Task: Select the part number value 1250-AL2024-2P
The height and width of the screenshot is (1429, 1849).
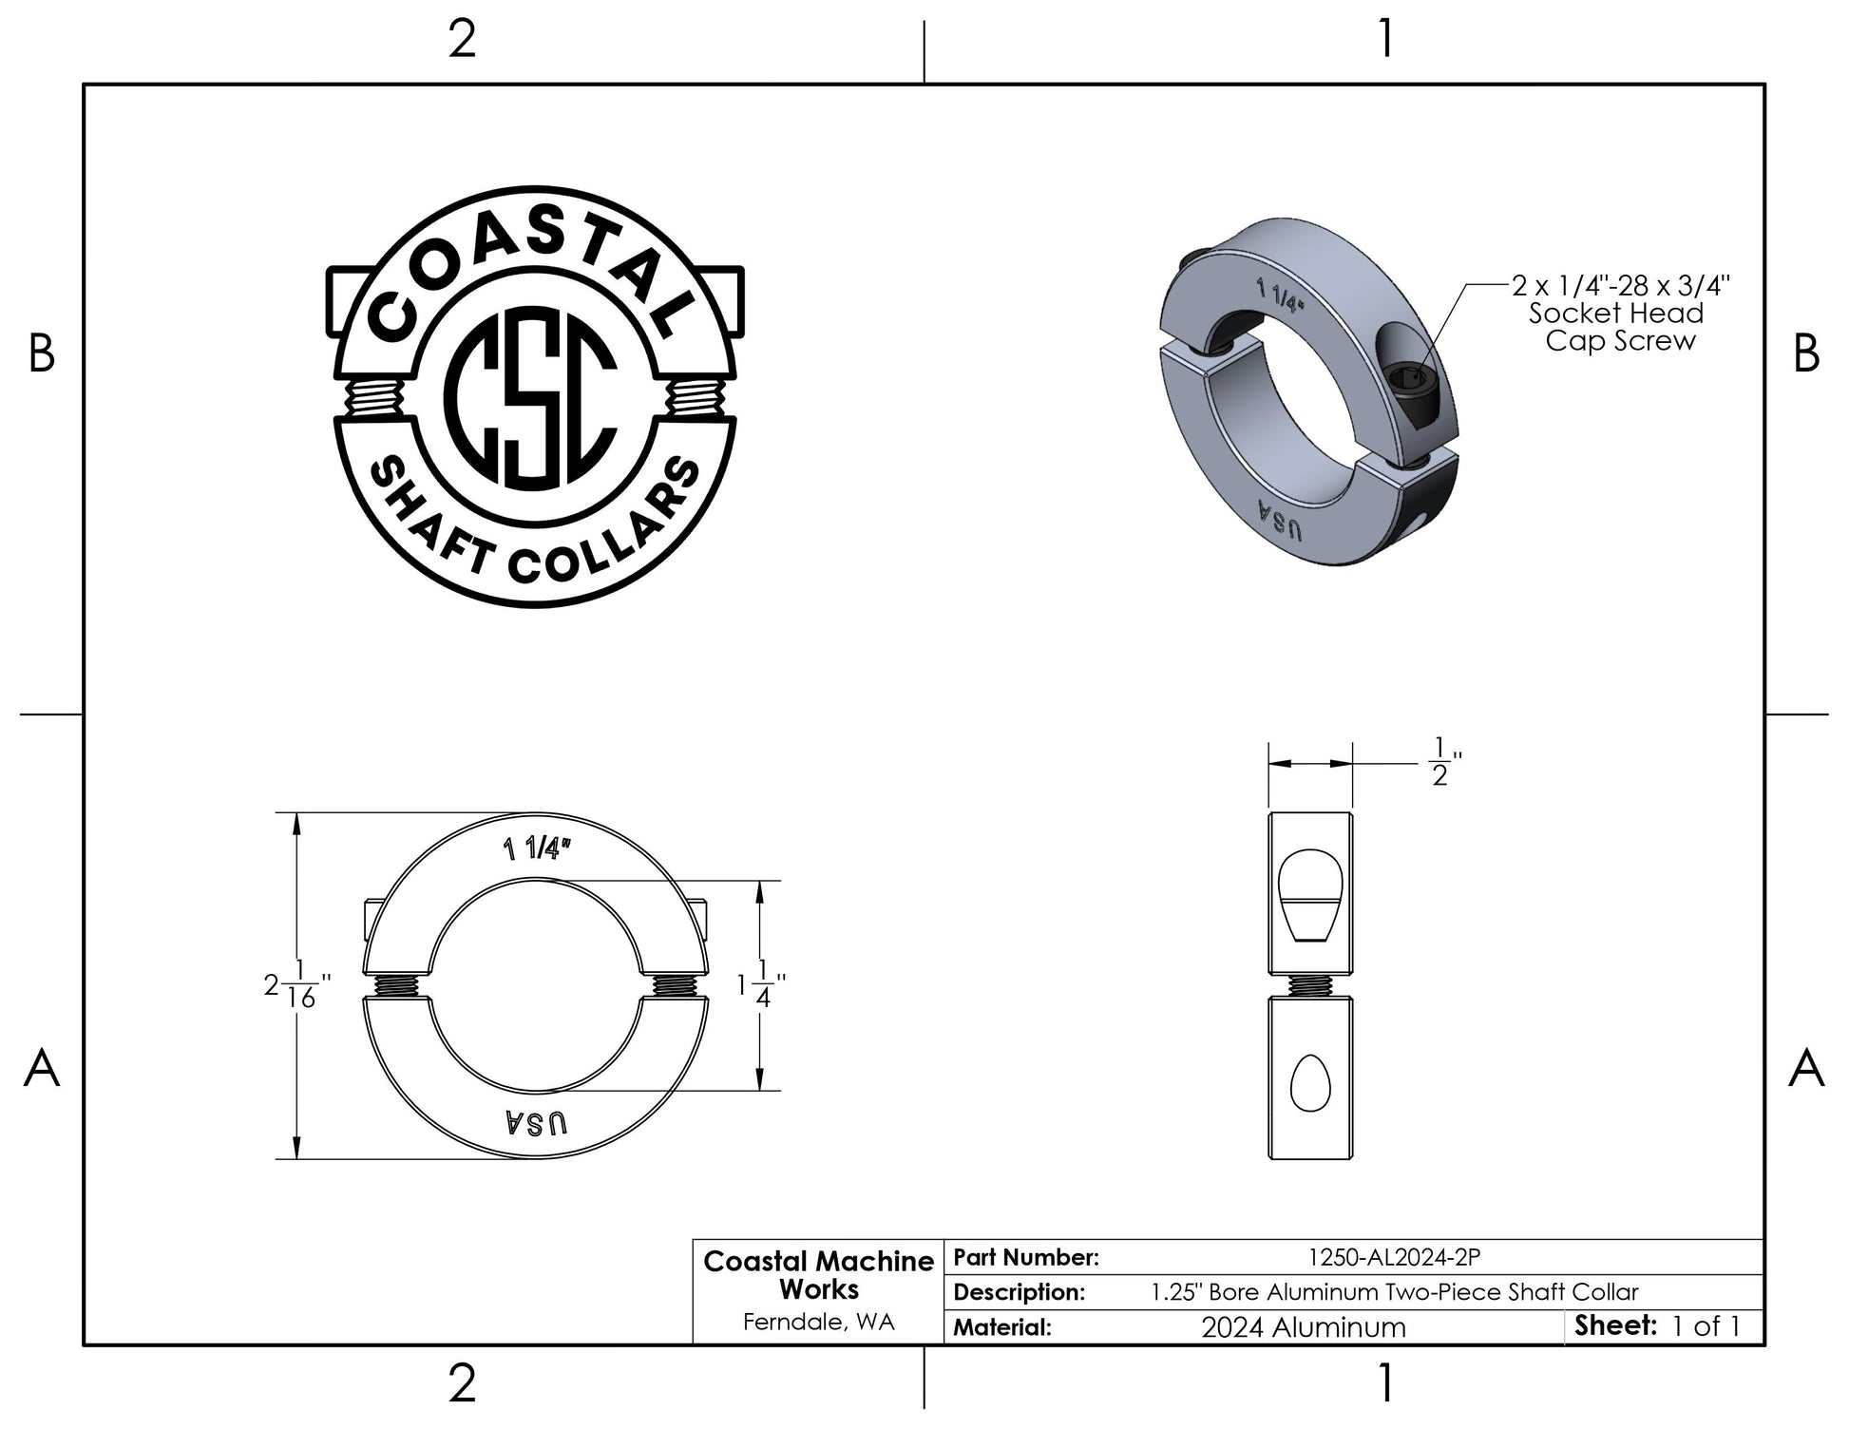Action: coord(1394,1257)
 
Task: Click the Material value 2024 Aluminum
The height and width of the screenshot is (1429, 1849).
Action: coord(1303,1326)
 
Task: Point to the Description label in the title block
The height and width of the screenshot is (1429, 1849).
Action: coord(1019,1292)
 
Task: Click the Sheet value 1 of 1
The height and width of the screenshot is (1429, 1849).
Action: coord(1706,1326)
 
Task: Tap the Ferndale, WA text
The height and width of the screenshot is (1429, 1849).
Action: coord(818,1322)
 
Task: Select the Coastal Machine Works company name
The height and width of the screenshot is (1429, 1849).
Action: coord(818,1275)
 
